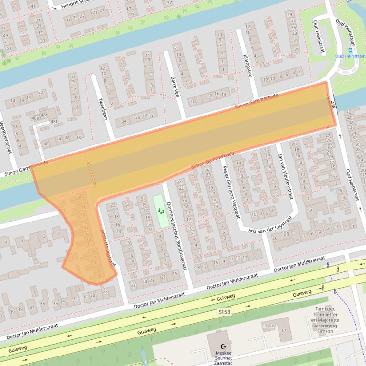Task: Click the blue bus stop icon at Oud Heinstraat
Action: click(x=351, y=50)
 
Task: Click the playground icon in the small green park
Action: click(x=161, y=210)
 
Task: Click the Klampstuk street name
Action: click(x=247, y=66)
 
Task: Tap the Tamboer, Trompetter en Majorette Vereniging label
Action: click(x=325, y=320)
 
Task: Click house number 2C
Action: click(x=275, y=238)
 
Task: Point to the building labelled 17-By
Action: click(x=269, y=327)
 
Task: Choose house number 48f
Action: click(x=54, y=122)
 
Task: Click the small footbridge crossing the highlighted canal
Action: click(x=91, y=173)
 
